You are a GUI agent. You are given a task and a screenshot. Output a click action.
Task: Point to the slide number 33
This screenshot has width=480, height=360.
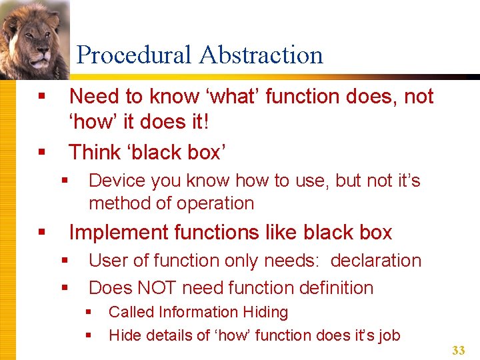pyautogui.click(x=458, y=351)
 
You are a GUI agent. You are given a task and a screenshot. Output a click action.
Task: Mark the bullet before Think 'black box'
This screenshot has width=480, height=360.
pyautogui.click(x=42, y=153)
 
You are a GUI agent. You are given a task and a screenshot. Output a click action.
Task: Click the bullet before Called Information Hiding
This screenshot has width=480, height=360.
pyautogui.click(x=89, y=312)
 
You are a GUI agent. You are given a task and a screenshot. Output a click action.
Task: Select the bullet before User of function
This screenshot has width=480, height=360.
pyautogui.click(x=65, y=261)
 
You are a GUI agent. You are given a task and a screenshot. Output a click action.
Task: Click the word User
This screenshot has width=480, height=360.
pyautogui.click(x=107, y=260)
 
